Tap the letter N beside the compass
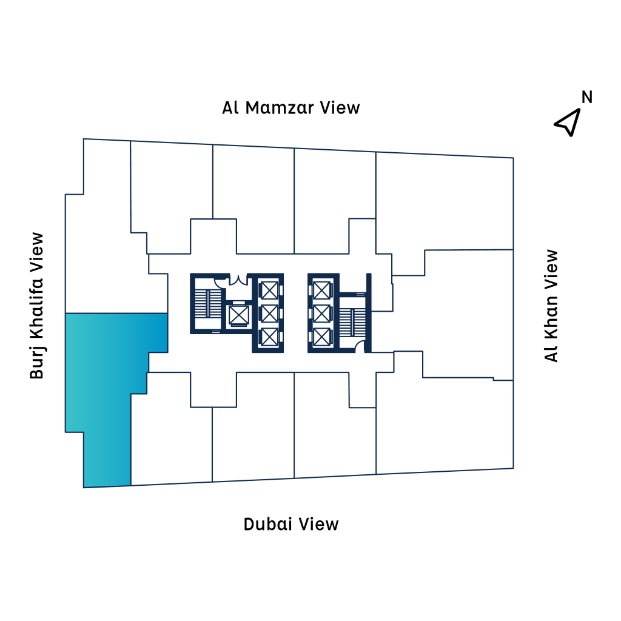587,97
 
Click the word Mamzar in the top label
280,108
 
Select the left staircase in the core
208,304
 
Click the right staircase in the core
352,322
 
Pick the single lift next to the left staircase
239,315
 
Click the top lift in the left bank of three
270,290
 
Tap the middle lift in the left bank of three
270,314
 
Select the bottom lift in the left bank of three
270,337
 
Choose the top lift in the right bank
321,290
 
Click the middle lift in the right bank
321,314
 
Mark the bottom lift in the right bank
321,337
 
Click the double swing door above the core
238,279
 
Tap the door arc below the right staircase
360,346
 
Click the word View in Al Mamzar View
340,108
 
